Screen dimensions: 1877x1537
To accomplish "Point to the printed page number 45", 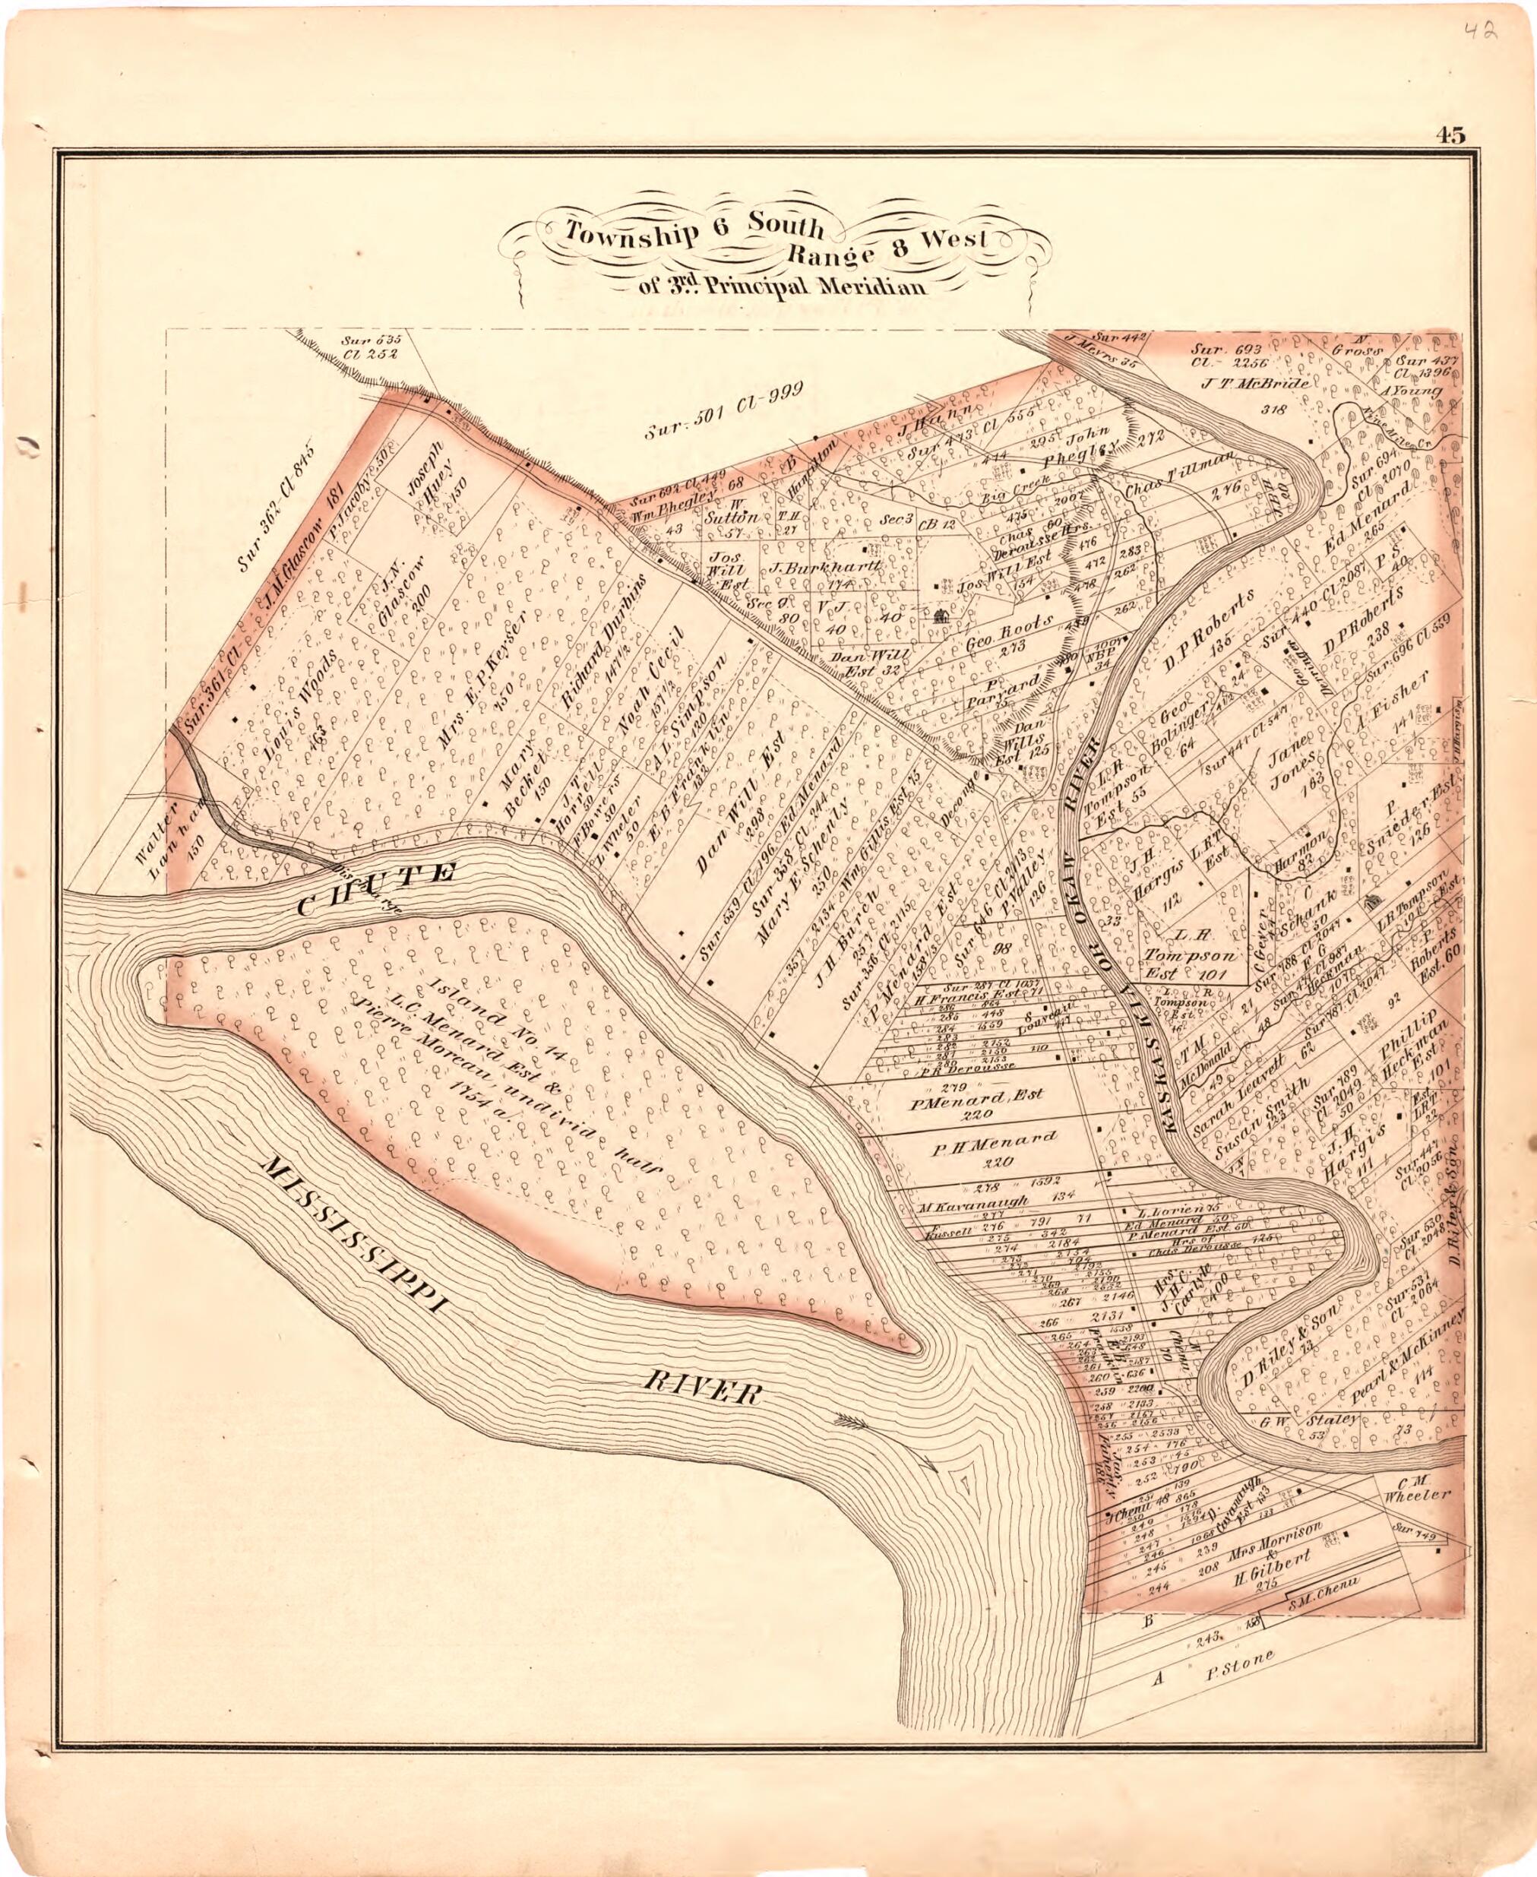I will coord(1452,135).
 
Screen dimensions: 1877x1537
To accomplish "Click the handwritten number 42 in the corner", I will coord(1479,33).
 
